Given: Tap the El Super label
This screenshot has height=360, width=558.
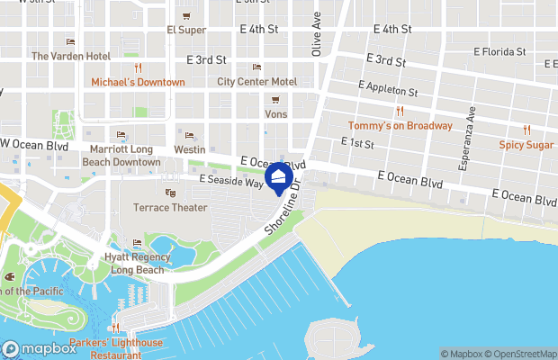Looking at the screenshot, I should (186, 30).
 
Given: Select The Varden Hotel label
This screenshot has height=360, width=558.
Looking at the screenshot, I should (70, 56).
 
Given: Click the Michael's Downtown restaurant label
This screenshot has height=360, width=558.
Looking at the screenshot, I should (138, 82).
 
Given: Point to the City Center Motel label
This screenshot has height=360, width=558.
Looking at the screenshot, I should (256, 81).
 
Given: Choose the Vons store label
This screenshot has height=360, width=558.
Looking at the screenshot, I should (275, 114).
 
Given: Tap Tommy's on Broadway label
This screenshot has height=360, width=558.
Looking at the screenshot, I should (400, 125).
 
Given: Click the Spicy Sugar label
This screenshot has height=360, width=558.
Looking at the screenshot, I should (526, 145).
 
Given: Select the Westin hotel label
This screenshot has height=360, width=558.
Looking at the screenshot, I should (190, 148).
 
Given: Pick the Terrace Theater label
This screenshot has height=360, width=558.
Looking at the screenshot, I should (170, 207).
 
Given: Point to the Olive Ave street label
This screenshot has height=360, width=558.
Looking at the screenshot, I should (317, 34).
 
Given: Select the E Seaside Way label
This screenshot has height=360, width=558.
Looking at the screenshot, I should (232, 182).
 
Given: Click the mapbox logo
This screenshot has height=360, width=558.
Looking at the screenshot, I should (40, 349).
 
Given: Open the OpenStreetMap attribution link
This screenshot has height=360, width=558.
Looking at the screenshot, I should (522, 353).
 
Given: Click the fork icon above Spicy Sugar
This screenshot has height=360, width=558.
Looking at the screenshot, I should (526, 130).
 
